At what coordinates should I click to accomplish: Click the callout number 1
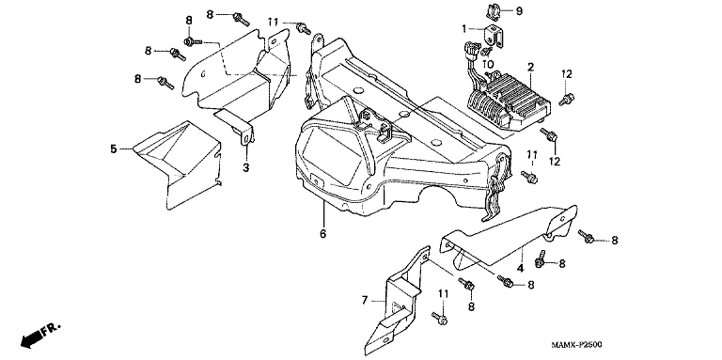464,29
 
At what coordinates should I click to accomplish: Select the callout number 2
530,68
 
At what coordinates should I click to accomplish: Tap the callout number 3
246,167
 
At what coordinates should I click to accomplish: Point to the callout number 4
520,268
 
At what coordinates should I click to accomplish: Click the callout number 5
113,149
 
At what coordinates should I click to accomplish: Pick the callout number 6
322,234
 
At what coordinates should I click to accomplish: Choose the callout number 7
365,301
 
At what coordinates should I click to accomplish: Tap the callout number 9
519,11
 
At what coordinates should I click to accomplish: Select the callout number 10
488,63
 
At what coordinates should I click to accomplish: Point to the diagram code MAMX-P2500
578,344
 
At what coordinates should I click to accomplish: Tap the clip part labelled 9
494,11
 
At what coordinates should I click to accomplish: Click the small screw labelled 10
486,51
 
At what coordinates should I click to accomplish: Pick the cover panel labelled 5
178,164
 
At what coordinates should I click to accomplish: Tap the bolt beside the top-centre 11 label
303,28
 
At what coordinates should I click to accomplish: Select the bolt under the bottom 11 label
440,318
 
